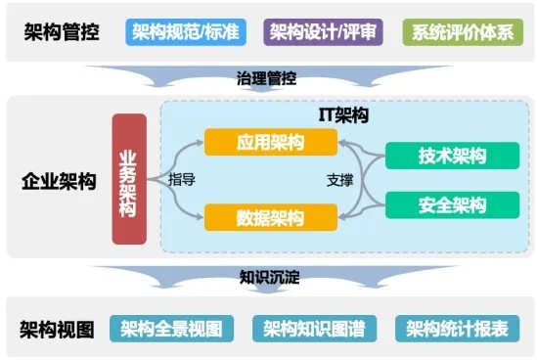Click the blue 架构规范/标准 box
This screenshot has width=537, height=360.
point(186,32)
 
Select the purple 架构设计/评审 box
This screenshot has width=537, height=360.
point(323,32)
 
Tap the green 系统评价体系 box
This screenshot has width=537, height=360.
point(463,32)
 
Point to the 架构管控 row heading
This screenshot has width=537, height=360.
point(62,32)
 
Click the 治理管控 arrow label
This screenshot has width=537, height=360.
point(266,78)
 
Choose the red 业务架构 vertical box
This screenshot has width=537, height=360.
point(129,179)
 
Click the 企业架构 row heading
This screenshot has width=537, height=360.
point(59,182)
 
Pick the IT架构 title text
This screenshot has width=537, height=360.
point(343,115)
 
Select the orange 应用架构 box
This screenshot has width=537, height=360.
point(271,142)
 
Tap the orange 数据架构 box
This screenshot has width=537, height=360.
point(271,217)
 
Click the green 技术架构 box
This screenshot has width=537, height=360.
point(453,156)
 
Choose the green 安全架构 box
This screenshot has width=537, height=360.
point(453,205)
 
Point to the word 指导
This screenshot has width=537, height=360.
point(182,180)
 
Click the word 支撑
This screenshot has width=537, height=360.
point(340,181)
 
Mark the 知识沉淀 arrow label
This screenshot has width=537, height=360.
point(270,277)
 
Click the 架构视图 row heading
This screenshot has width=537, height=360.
point(57,330)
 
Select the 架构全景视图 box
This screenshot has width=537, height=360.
point(171,329)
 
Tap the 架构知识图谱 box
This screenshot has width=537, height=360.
point(314,329)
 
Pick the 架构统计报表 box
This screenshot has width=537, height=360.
point(457,329)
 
